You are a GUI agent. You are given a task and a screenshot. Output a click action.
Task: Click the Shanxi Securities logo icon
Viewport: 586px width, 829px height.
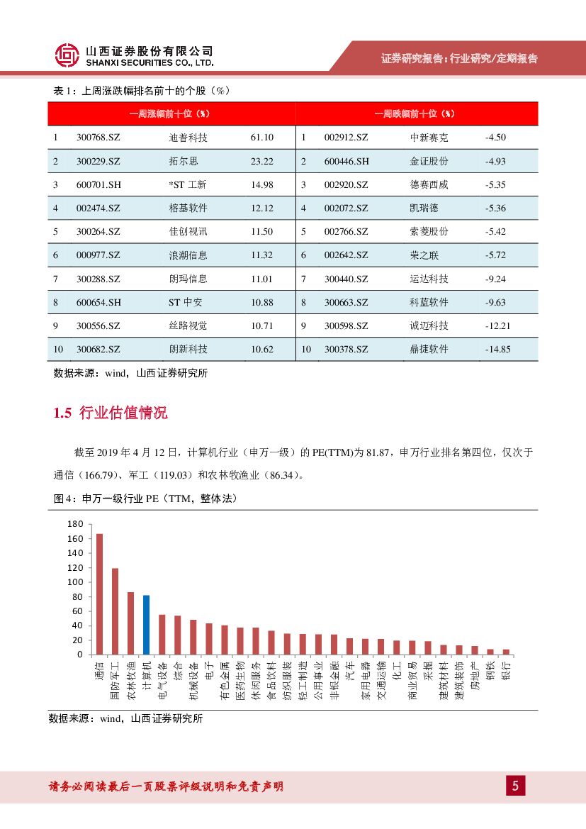tap(67, 55)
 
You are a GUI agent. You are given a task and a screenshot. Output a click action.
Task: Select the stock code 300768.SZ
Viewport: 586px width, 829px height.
tap(98, 138)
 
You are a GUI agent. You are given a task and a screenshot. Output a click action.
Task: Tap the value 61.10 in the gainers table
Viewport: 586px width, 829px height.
tap(261, 138)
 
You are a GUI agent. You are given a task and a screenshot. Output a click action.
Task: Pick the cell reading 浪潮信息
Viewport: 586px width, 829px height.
tap(184, 255)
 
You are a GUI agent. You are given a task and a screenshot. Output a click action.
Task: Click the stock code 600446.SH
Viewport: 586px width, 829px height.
tap(346, 161)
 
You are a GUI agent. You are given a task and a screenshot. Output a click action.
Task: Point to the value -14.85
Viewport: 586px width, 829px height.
tap(498, 349)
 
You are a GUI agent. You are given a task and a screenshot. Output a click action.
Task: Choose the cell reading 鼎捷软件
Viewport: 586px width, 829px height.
tap(429, 349)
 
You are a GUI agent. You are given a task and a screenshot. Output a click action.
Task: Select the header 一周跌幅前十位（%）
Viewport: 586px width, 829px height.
tap(415, 113)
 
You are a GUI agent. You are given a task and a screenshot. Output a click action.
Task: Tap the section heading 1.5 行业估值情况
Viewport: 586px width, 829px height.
tap(111, 413)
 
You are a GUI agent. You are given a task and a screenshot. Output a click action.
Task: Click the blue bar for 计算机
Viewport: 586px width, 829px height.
tap(146, 624)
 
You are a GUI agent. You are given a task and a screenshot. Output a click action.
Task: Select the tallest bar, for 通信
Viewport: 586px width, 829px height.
tap(99, 594)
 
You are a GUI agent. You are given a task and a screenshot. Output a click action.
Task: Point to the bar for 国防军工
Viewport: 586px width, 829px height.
tap(115, 611)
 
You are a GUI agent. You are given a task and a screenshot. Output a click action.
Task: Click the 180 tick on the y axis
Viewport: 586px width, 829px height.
tap(75, 524)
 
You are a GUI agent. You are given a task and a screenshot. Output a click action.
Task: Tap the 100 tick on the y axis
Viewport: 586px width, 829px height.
tap(75, 582)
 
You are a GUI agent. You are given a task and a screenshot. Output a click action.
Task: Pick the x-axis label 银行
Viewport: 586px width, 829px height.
tap(506, 671)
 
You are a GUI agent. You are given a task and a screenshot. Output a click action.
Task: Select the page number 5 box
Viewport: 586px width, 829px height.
tap(515, 786)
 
